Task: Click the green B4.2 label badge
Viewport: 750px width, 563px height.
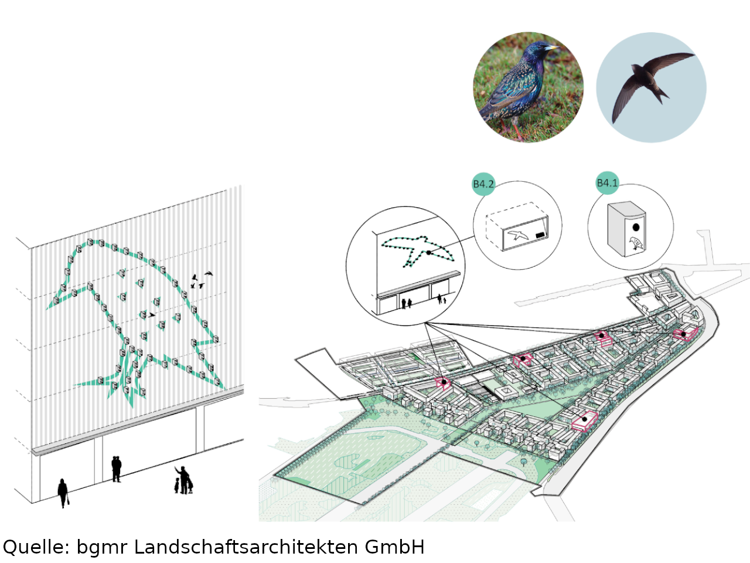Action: pyautogui.click(x=483, y=184)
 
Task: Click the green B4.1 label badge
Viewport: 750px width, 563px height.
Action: pyautogui.click(x=607, y=183)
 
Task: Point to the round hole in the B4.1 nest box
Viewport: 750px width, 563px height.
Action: pyautogui.click(x=636, y=227)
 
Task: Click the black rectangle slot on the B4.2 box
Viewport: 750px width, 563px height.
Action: pyautogui.click(x=540, y=235)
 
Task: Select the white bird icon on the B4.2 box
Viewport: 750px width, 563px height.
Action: pyautogui.click(x=518, y=236)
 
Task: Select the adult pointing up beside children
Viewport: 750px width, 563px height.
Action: pyautogui.click(x=183, y=479)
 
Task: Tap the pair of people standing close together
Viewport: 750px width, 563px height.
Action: pyautogui.click(x=117, y=469)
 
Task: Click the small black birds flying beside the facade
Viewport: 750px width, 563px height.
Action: pyautogui.click(x=200, y=280)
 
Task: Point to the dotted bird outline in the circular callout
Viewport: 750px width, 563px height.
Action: pyautogui.click(x=417, y=251)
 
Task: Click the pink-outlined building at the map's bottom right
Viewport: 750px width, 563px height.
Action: pyautogui.click(x=585, y=420)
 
